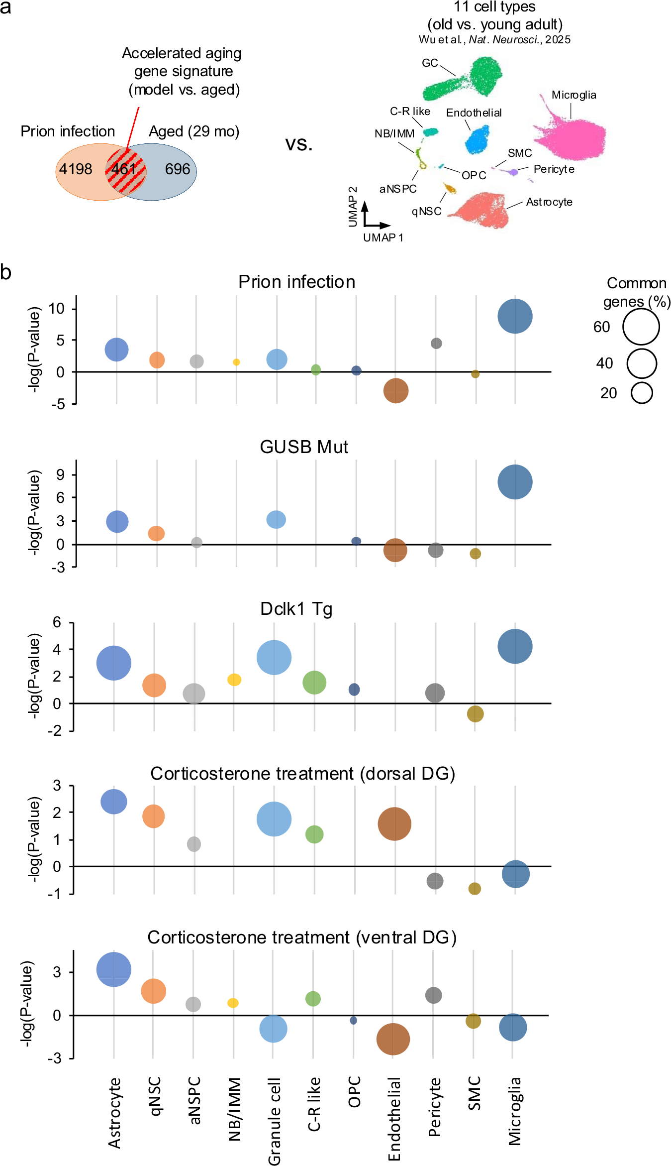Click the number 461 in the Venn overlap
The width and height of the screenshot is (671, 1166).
pos(123,169)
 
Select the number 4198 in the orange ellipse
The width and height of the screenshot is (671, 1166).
pos(76,169)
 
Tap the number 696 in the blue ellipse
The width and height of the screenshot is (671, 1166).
pos(178,169)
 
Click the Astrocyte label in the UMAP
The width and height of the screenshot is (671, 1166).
pos(549,202)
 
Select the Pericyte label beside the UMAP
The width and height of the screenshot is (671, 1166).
pos(554,169)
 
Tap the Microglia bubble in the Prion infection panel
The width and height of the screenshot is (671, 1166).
pos(515,316)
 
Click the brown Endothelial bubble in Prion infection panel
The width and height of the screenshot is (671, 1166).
pos(396,390)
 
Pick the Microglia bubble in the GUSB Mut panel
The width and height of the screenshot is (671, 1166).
pos(515,482)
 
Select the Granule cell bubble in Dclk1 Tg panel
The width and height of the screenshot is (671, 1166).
pos(274,658)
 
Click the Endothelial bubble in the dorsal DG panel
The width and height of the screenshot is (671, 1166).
pos(394,824)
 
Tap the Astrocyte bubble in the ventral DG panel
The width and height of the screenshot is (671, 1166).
pos(114,969)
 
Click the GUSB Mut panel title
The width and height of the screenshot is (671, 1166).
pos(304,447)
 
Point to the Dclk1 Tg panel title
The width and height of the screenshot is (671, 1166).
pos(296,609)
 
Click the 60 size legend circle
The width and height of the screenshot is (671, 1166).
pos(641,327)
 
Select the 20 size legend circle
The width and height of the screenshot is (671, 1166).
pos(642,393)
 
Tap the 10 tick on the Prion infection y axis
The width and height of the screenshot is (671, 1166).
pos(57,309)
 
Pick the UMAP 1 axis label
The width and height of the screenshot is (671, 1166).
pos(383,238)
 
